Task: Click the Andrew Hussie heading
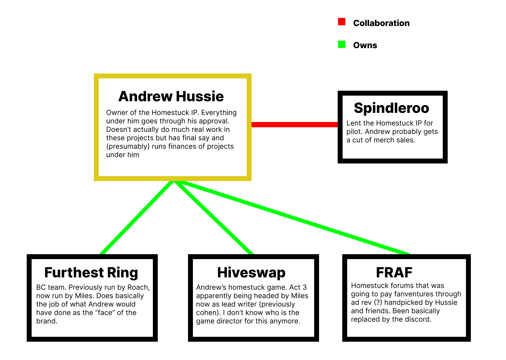click(x=171, y=96)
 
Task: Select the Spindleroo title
click(x=391, y=108)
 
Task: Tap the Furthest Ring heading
click(x=91, y=272)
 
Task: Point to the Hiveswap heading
click(x=251, y=272)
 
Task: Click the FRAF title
click(x=394, y=272)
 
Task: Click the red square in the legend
click(x=342, y=22)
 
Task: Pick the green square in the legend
click(x=342, y=44)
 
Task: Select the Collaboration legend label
click(x=381, y=23)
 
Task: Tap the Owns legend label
click(x=365, y=45)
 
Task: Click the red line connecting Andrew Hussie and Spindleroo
click(x=294, y=124)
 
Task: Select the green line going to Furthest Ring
click(x=137, y=218)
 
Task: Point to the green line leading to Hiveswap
click(x=214, y=218)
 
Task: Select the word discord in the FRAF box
click(x=417, y=320)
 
